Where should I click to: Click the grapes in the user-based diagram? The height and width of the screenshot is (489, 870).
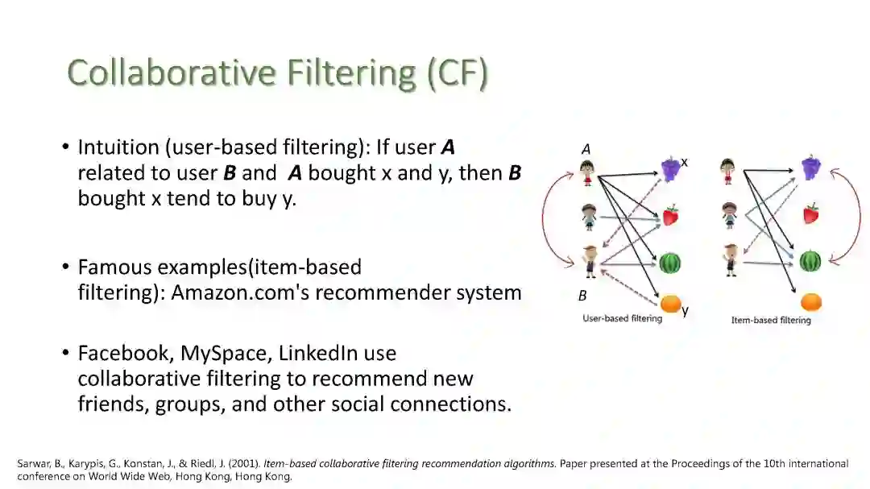pyautogui.click(x=671, y=168)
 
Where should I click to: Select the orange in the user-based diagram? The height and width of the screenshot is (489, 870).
pyautogui.click(x=670, y=305)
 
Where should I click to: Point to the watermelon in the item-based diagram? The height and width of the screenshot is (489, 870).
pyautogui.click(x=810, y=261)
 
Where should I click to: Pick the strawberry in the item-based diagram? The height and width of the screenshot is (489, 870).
pyautogui.click(x=810, y=213)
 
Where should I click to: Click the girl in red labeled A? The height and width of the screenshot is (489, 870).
pyautogui.click(x=587, y=172)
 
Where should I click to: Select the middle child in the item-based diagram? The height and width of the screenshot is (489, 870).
pyautogui.click(x=729, y=216)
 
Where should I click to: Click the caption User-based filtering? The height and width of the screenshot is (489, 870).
pyautogui.click(x=622, y=318)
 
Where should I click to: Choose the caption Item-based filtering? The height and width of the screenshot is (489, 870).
pyautogui.click(x=771, y=320)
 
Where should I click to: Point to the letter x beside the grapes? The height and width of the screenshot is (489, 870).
pyautogui.click(x=685, y=162)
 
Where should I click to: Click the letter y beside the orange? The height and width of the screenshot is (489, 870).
pyautogui.click(x=686, y=310)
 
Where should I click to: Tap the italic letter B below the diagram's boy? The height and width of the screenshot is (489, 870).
pyautogui.click(x=582, y=296)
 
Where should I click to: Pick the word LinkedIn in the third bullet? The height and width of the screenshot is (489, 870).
pyautogui.click(x=317, y=354)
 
